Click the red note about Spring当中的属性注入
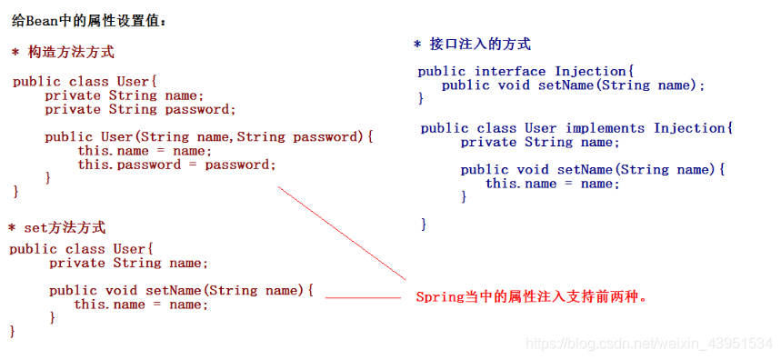click(533, 296)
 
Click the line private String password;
click(140, 109)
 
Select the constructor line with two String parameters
click(209, 137)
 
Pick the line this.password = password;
click(175, 165)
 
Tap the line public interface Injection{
click(526, 71)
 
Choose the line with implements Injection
click(576, 128)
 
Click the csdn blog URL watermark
click(649, 344)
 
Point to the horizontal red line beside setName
click(362, 297)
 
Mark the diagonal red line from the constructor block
click(341, 233)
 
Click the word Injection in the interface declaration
click(590, 71)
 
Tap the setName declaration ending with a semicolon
click(573, 85)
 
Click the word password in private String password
click(197, 109)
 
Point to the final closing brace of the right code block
click(425, 224)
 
